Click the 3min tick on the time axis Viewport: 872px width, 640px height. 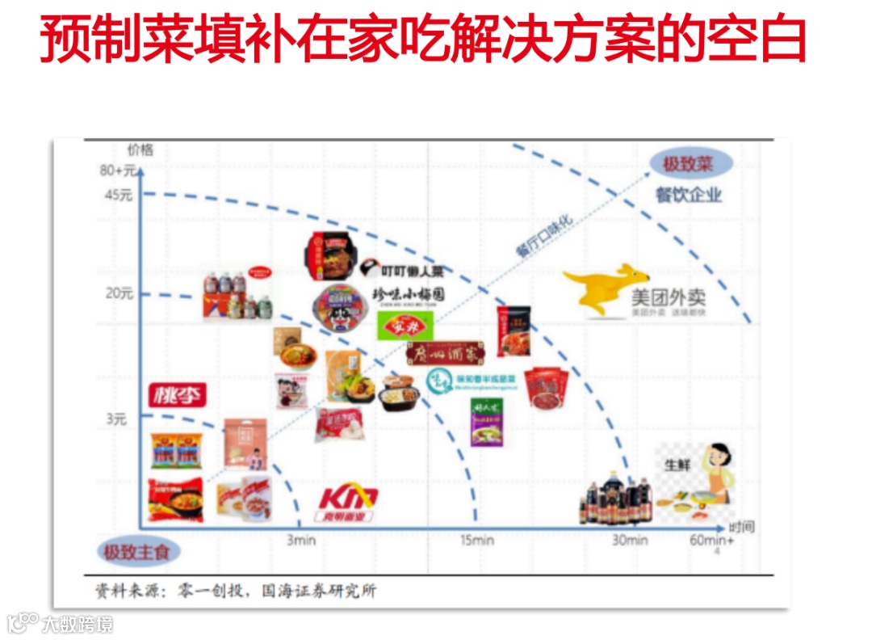tap(300, 541)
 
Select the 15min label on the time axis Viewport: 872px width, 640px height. tap(477, 541)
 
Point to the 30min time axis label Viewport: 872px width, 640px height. tap(629, 541)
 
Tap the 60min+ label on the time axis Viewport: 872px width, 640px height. tap(712, 541)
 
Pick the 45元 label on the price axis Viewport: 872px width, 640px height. tap(118, 194)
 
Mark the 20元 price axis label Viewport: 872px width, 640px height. tap(119, 293)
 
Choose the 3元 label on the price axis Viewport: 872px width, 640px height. tap(117, 419)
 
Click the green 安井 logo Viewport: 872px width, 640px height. tap(406, 326)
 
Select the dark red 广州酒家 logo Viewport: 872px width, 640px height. tap(446, 354)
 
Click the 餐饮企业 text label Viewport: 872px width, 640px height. tap(688, 195)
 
